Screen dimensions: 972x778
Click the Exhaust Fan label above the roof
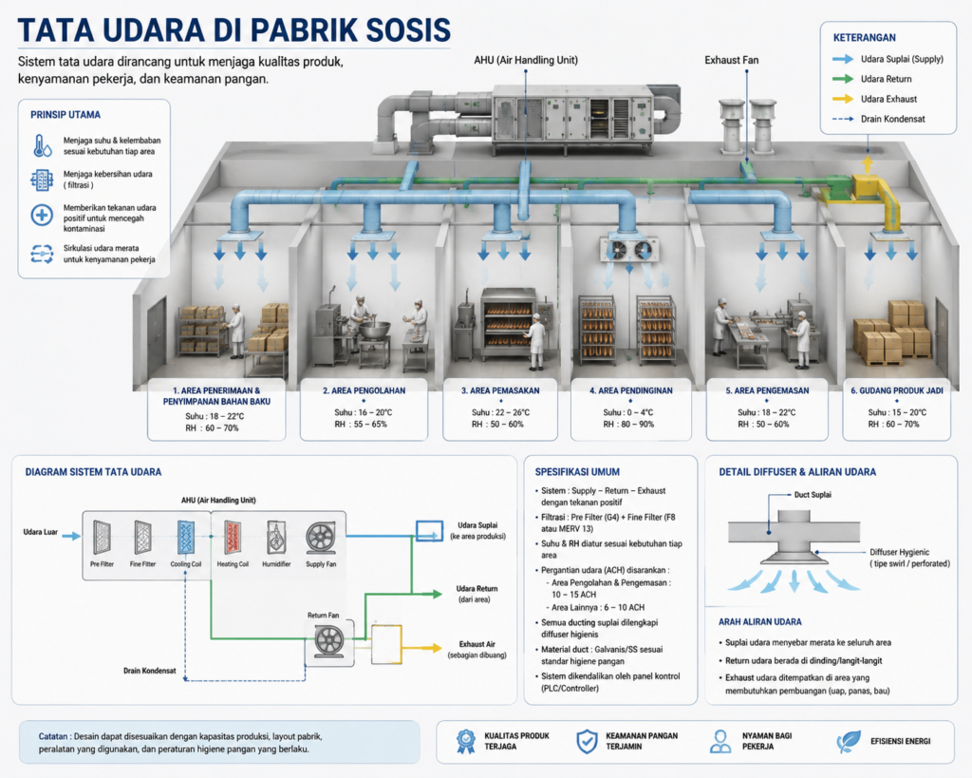[732, 60]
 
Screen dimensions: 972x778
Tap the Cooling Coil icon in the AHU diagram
[186, 538]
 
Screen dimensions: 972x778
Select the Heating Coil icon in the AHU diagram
[233, 538]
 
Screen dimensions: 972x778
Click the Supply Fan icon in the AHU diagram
[321, 539]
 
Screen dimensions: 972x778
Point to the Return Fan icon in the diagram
[329, 640]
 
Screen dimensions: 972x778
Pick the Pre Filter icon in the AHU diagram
[102, 538]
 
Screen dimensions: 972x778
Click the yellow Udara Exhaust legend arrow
[843, 99]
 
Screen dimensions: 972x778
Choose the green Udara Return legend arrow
[843, 79]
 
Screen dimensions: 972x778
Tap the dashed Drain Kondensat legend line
[843, 119]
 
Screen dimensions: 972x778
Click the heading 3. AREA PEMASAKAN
[500, 390]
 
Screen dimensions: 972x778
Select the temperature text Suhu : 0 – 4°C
[628, 412]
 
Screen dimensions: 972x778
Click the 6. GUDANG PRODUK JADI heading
[896, 390]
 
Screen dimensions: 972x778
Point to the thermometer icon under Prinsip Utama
[43, 145]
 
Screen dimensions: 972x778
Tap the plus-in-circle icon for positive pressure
[42, 216]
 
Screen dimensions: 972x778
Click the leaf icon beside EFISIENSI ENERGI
[848, 741]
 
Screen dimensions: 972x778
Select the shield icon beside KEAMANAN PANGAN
[587, 741]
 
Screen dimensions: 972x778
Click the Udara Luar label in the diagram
[40, 532]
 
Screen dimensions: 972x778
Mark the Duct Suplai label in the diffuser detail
[813, 495]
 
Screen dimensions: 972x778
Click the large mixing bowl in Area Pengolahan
[374, 329]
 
